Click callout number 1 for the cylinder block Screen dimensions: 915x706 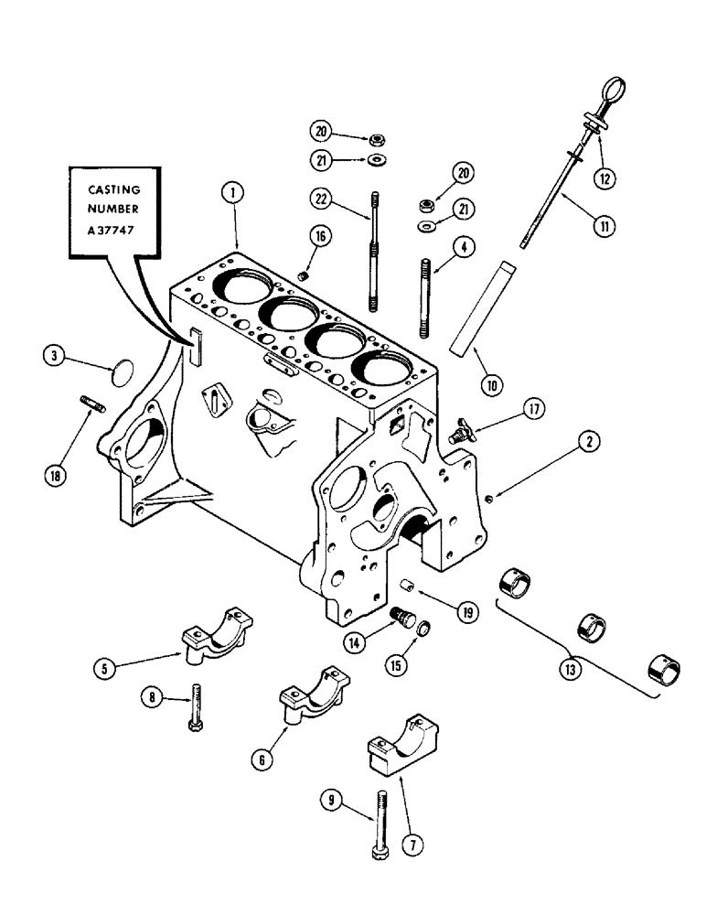coord(235,193)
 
